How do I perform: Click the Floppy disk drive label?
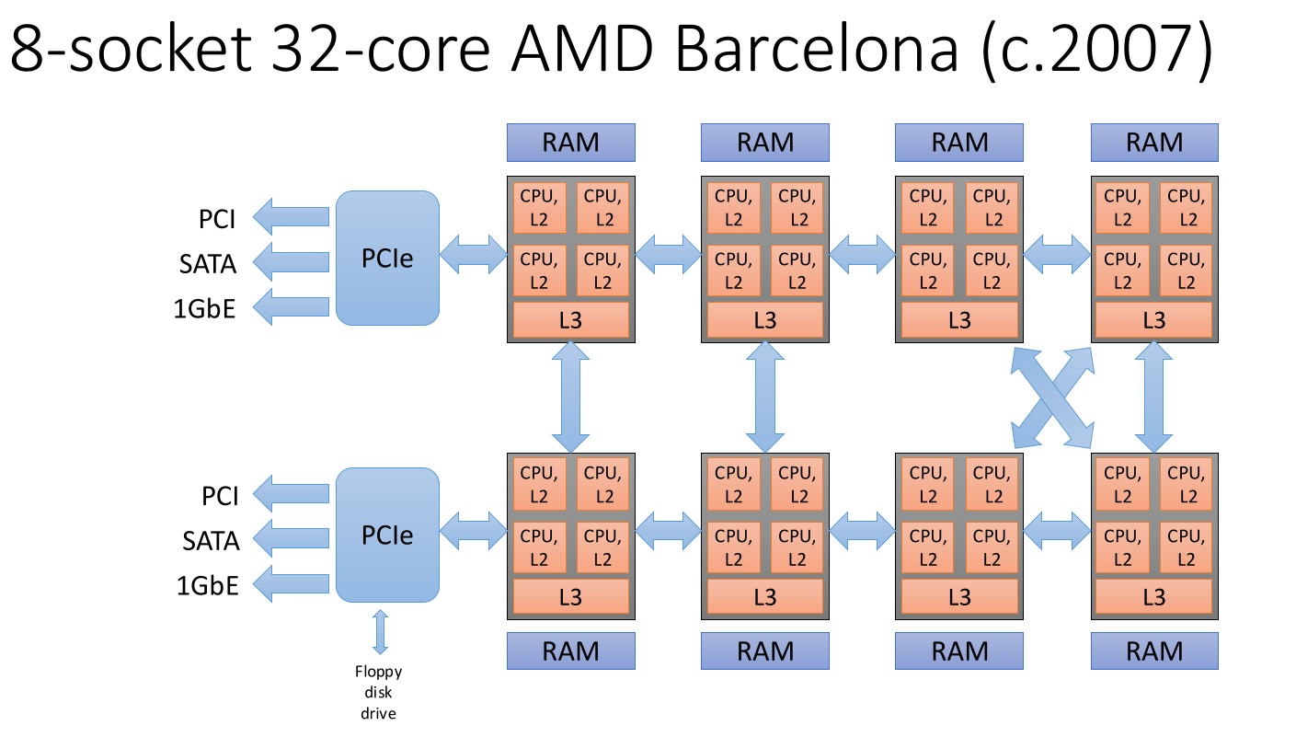pyautogui.click(x=380, y=692)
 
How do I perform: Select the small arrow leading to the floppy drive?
pyautogui.click(x=380, y=631)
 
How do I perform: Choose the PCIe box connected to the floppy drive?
pyautogui.click(x=387, y=535)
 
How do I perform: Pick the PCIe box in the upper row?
pyautogui.click(x=387, y=258)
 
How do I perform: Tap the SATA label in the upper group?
pyautogui.click(x=208, y=264)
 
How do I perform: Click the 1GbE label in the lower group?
pyautogui.click(x=208, y=584)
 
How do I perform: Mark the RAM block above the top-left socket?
pyautogui.click(x=571, y=143)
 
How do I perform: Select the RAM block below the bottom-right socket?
pyautogui.click(x=1154, y=651)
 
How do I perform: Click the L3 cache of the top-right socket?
pyautogui.click(x=1154, y=319)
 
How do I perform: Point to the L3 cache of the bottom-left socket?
pyautogui.click(x=571, y=597)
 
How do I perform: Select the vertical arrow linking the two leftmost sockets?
pyautogui.click(x=571, y=397)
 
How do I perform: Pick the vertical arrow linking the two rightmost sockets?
pyautogui.click(x=1154, y=397)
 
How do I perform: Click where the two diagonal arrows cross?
pyautogui.click(x=1053, y=397)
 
